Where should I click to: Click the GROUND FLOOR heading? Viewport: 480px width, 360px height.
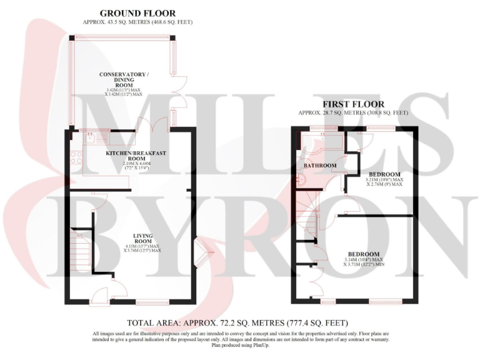click(x=138, y=13)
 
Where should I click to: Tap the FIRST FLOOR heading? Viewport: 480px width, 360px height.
click(x=353, y=104)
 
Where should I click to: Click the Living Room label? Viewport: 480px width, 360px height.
click(x=142, y=238)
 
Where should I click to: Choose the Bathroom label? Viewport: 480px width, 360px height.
click(x=320, y=166)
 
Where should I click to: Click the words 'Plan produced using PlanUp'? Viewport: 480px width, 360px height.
click(x=241, y=345)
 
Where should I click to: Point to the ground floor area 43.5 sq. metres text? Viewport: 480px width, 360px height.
click(x=137, y=22)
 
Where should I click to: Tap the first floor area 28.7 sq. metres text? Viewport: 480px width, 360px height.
click(x=353, y=113)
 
